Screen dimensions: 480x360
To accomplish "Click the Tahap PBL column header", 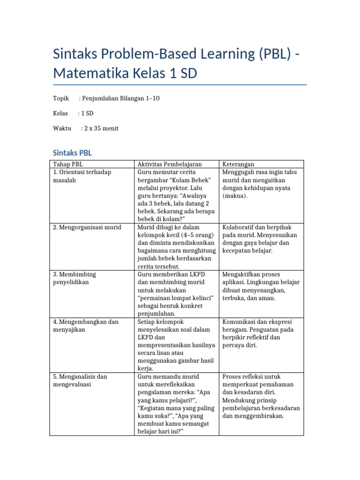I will point(68,164).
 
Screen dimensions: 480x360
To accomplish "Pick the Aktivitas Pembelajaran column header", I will point(170,164).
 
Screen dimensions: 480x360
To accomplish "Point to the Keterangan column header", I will point(239,164).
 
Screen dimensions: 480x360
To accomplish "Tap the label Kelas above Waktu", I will point(60,113).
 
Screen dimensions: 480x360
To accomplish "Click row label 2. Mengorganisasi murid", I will point(87,227).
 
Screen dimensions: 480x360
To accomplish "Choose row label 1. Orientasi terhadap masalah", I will point(82,176).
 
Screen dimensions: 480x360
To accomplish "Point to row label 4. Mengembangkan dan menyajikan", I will point(86,325).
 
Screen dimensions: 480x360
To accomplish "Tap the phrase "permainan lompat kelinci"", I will point(176,298).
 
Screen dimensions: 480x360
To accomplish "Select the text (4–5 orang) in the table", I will point(197,235).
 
